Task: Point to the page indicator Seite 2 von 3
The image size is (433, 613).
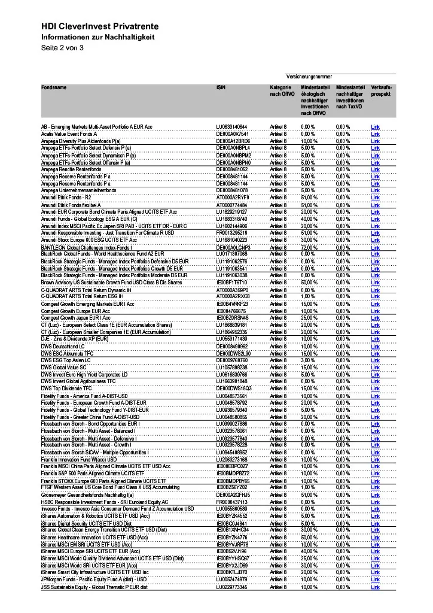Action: pos(62,47)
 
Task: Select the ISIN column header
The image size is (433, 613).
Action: pos(221,87)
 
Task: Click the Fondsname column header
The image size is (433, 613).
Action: pos(54,87)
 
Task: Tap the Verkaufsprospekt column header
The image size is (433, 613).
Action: pos(382,91)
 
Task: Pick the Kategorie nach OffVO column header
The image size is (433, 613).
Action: pos(279,91)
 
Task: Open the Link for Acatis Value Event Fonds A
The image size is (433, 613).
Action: pos(375,134)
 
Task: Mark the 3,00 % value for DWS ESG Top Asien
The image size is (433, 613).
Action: pos(308,360)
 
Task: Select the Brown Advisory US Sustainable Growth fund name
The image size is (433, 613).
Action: pos(111,282)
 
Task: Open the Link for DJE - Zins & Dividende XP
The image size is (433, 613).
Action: pos(375,339)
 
